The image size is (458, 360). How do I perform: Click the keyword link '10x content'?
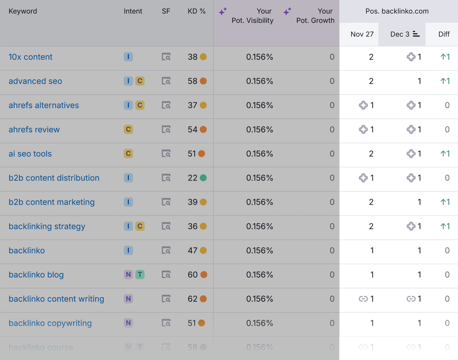click(30, 57)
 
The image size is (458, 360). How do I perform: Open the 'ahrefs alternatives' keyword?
click(44, 105)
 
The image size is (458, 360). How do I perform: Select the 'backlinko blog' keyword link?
click(36, 275)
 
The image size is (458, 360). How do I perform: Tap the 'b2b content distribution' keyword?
click(54, 178)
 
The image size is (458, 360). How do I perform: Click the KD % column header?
click(196, 11)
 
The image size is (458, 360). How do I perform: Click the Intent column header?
click(133, 11)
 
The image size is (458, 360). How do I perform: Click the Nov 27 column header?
click(362, 34)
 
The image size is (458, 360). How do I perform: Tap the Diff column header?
click(444, 34)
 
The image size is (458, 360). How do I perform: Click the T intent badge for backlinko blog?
click(140, 274)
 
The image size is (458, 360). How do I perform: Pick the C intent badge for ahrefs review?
click(128, 129)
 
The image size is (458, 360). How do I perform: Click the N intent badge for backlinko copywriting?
click(128, 323)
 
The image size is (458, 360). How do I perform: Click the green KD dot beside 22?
click(203, 178)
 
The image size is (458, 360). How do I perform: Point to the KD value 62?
click(193, 299)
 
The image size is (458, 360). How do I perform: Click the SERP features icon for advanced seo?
click(166, 81)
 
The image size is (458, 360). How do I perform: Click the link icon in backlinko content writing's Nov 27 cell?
click(363, 299)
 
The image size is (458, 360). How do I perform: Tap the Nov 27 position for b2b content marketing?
click(371, 202)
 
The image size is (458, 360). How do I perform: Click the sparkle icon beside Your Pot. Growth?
click(287, 12)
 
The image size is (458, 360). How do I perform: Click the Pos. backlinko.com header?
click(397, 11)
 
